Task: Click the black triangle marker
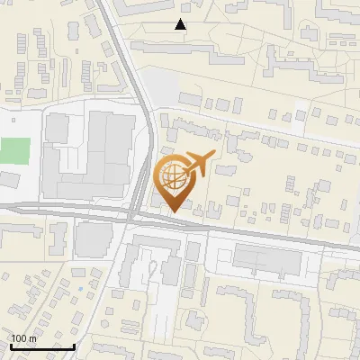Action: click(181, 24)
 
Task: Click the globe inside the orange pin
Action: click(173, 175)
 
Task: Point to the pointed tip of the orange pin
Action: click(173, 211)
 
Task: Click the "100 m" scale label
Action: click(23, 338)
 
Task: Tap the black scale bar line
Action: click(41, 346)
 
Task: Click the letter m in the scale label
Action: click(32, 338)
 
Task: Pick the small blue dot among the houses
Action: click(79, 288)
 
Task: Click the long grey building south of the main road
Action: click(267, 260)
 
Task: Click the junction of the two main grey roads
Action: click(131, 216)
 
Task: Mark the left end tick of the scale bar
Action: click(10, 345)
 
